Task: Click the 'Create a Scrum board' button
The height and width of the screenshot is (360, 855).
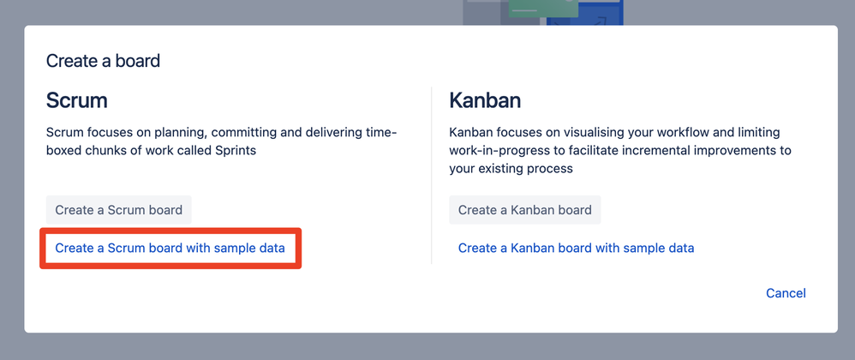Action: click(x=119, y=210)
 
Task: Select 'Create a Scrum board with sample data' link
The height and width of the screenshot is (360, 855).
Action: click(x=170, y=249)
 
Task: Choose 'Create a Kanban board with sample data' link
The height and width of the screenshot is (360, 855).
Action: click(x=576, y=249)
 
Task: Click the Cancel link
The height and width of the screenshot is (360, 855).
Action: click(x=786, y=293)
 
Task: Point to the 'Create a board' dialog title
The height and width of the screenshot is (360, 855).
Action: click(x=103, y=61)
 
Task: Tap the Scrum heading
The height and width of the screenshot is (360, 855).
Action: click(x=77, y=101)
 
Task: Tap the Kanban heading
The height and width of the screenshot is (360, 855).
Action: click(x=485, y=101)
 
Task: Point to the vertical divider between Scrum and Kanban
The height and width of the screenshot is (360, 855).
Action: click(x=431, y=175)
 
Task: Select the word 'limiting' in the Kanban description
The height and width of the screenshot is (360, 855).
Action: click(x=759, y=133)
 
